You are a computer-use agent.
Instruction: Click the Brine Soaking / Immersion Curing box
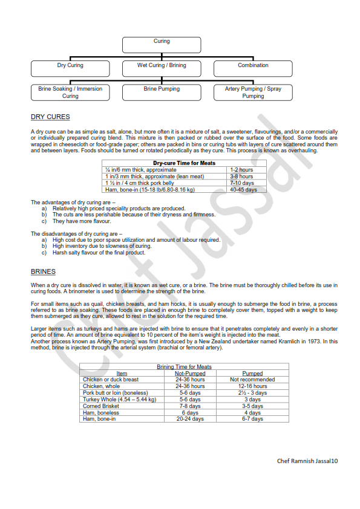click(70, 92)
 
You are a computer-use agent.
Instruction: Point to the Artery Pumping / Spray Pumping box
click(253, 92)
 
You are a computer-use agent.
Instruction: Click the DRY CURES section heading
click(50, 117)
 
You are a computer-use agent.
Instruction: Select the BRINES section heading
click(44, 271)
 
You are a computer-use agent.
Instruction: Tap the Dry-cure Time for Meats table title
click(184, 163)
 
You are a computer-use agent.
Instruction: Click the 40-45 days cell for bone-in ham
click(243, 189)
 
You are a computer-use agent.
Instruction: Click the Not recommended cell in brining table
click(252, 380)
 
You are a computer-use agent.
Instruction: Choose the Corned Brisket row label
click(101, 406)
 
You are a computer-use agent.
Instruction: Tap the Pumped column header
click(252, 374)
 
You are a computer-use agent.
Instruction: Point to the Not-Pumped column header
click(190, 374)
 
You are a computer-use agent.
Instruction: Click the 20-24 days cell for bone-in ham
click(190, 419)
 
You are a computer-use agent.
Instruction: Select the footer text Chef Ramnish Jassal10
click(307, 461)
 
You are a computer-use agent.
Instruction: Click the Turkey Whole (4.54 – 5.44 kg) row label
click(119, 400)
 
